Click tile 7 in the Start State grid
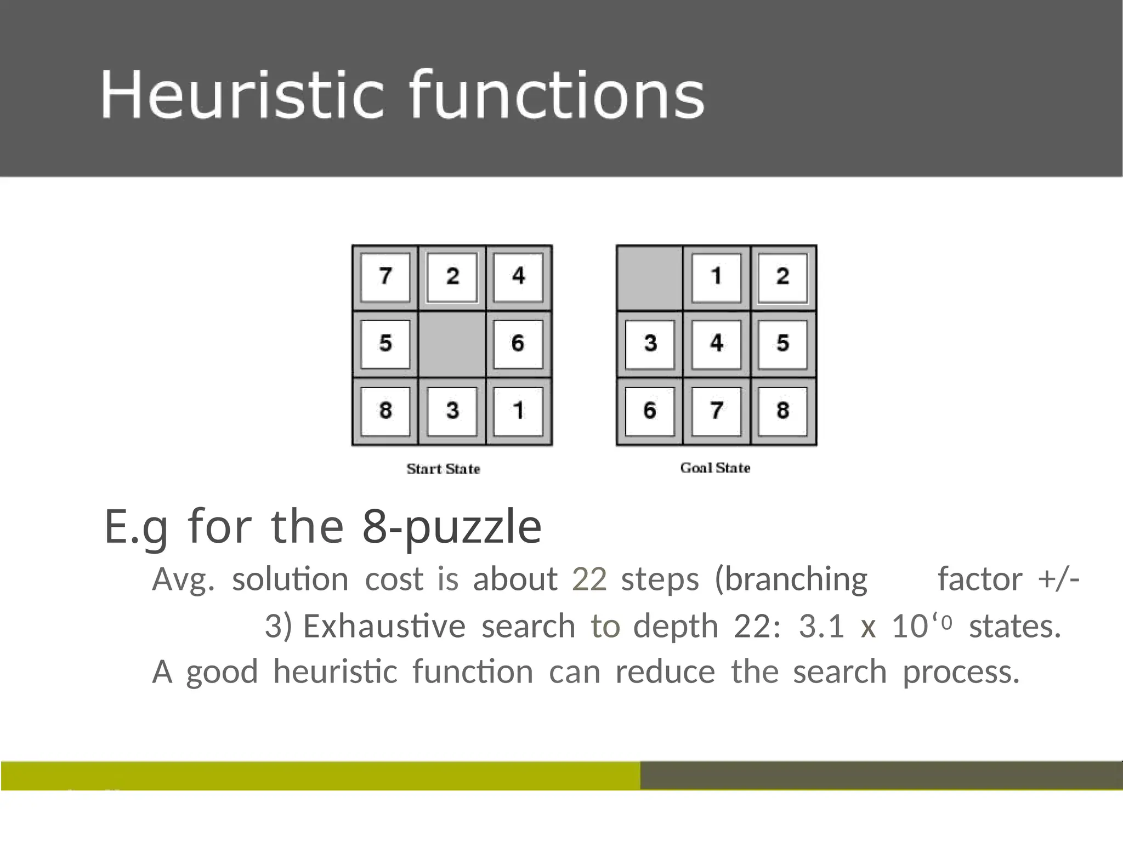[x=385, y=277]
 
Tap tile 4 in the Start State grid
[x=518, y=277]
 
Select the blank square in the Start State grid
[x=452, y=344]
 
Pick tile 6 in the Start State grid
[x=518, y=344]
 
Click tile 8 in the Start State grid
[x=385, y=411]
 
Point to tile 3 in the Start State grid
[x=452, y=411]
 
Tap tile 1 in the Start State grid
[x=518, y=411]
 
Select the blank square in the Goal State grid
[x=650, y=278]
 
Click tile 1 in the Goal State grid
[x=716, y=277]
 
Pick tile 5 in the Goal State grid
[x=782, y=344]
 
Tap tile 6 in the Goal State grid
[x=650, y=411]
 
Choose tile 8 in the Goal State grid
[x=782, y=411]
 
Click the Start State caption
[x=443, y=469]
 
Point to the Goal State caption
[x=715, y=468]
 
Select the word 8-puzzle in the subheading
[x=452, y=526]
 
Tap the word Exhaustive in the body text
[x=384, y=626]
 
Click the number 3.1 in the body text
[x=821, y=626]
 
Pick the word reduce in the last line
[x=665, y=672]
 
